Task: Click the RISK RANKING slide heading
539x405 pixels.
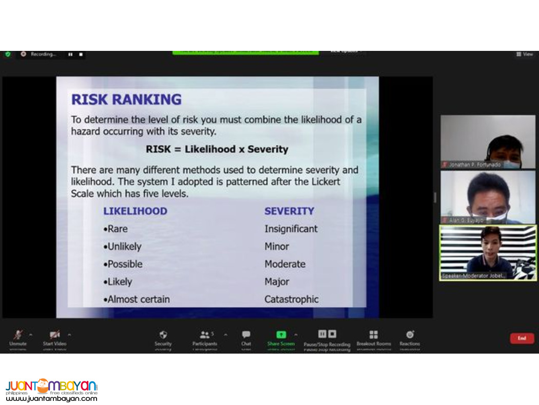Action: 126,99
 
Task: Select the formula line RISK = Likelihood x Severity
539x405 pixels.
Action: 217,150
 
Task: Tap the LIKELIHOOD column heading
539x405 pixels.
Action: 135,211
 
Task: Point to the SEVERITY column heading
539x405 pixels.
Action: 289,211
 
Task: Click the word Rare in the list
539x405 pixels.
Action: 118,229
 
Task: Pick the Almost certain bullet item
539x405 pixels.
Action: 138,299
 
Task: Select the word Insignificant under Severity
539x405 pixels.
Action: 291,229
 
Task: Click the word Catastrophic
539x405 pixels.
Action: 292,299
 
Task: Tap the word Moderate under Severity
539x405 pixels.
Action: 285,264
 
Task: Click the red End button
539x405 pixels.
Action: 522,338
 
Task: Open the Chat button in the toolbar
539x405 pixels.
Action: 246,335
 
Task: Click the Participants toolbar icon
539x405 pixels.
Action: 205,335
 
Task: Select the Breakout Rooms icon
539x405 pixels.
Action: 374,335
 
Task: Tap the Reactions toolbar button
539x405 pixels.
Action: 410,335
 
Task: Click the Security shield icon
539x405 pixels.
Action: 163,335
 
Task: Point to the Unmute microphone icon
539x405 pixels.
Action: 18,335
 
